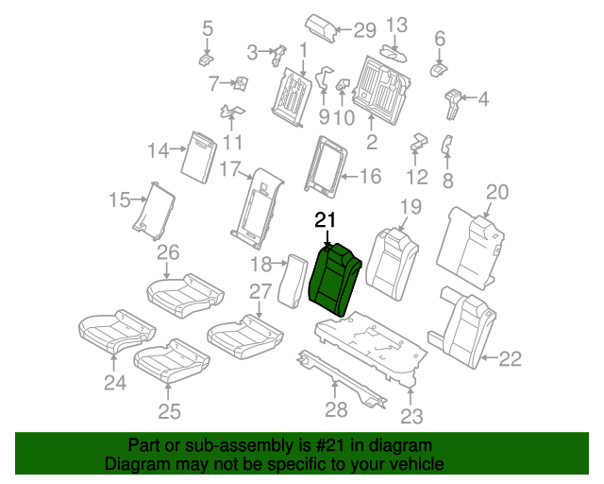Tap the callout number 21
325,220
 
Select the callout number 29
364,30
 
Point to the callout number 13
397,25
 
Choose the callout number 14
158,149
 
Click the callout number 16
369,175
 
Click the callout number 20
496,192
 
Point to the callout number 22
509,357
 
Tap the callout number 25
169,410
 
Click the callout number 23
412,415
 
